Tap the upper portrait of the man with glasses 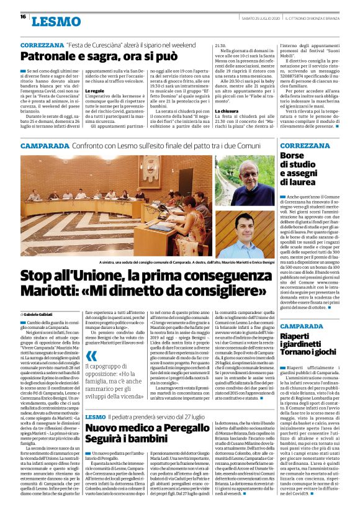[248, 181]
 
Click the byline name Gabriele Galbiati [43, 315]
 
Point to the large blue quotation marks [91, 356]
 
